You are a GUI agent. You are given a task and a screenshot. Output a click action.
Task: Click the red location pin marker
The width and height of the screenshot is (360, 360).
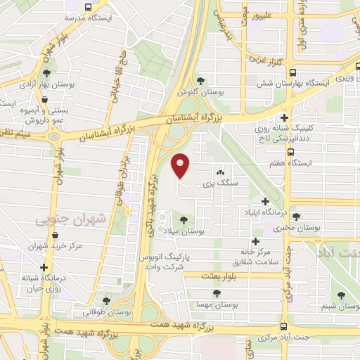coord(181,166)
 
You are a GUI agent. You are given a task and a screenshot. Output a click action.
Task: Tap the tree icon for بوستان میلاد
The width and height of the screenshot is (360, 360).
coord(185,219)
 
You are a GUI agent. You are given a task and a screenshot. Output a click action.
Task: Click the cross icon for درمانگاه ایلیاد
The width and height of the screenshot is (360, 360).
coord(264,202)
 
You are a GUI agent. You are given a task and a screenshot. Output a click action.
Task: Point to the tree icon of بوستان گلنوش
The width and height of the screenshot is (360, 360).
coord(201,80)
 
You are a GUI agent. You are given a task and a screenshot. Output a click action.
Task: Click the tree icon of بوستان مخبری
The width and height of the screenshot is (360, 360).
coord(295,217)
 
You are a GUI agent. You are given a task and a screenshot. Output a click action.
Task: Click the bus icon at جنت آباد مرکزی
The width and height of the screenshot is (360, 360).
coord(283,326)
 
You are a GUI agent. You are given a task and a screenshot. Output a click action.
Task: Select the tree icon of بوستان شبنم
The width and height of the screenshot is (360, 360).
coord(341,295)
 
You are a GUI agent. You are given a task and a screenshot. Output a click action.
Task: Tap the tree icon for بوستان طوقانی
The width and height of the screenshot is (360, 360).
coord(106,301)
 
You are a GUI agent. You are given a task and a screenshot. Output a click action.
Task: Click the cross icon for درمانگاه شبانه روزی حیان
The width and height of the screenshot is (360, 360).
coord(45,268)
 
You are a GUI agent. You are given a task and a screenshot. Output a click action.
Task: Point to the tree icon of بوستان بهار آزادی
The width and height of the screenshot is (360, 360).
coord(46,72)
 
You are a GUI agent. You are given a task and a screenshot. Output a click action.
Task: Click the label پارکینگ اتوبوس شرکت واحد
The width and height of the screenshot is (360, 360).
coord(170,263)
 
